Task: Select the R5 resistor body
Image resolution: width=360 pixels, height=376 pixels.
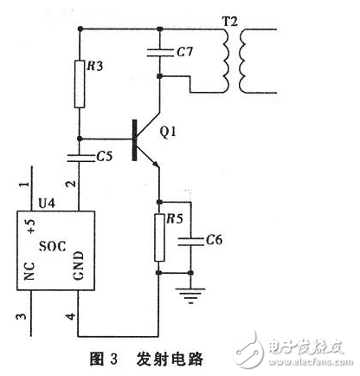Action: coord(158,237)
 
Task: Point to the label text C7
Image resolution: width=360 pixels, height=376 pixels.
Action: coord(184,54)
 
